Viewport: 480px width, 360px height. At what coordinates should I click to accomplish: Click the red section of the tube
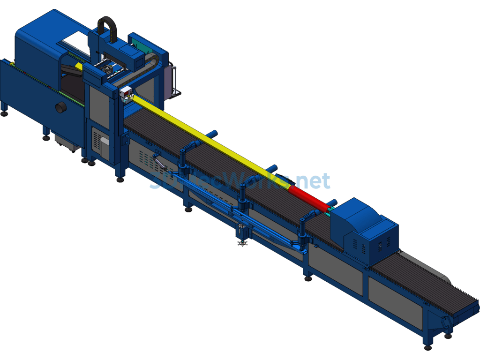[307, 198]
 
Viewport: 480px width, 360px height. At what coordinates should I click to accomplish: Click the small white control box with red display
[125, 93]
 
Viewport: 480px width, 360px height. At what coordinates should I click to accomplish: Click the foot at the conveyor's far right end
[427, 347]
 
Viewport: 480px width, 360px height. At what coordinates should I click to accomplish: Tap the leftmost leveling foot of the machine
[4, 113]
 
